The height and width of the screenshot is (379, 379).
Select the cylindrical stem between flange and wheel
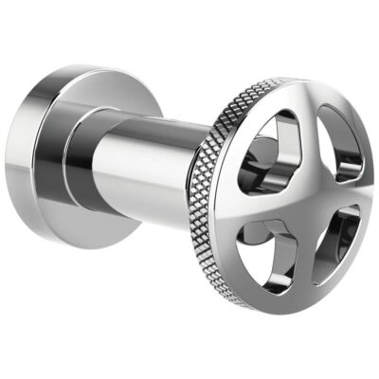point(152,171)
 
